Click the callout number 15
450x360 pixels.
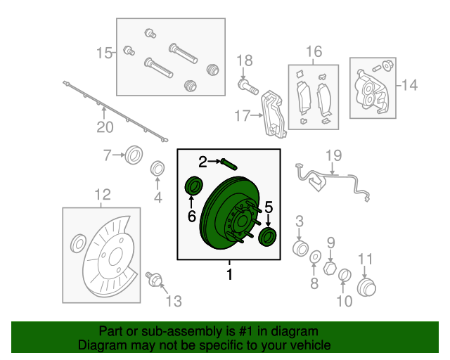point(103,53)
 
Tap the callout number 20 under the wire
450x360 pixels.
point(104,127)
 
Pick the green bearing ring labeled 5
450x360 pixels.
point(268,237)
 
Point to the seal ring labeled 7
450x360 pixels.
point(134,155)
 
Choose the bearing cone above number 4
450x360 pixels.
point(158,169)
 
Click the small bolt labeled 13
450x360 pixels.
point(153,280)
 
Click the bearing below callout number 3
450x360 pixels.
point(300,248)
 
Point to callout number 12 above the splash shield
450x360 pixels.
point(102,195)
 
